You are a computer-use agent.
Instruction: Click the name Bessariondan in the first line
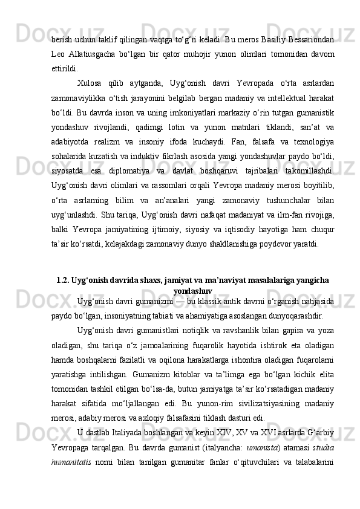point(310,40)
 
